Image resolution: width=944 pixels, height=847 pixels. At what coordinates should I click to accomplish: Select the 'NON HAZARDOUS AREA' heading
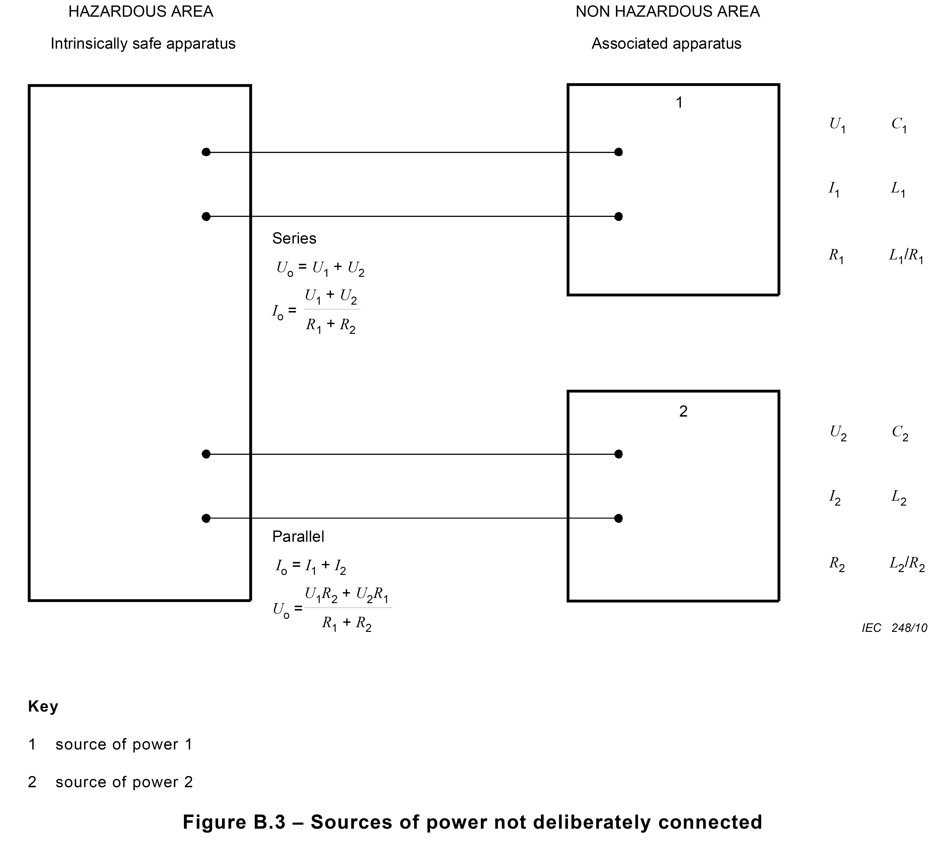[668, 12]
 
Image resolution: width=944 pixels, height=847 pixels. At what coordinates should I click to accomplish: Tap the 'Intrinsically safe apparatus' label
[143, 44]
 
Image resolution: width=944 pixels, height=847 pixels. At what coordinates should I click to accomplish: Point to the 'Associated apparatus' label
[666, 44]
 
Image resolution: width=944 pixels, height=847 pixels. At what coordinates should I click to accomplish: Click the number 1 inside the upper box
[679, 102]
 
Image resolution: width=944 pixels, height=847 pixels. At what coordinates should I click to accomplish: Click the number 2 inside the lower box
[683, 411]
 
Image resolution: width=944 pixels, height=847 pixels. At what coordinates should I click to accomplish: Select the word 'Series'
[294, 238]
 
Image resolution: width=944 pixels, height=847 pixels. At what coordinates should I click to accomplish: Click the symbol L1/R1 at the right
[906, 256]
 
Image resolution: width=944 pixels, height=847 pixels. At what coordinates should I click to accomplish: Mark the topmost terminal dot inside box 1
[618, 152]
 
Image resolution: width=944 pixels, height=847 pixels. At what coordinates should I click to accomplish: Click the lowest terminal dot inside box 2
[618, 518]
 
